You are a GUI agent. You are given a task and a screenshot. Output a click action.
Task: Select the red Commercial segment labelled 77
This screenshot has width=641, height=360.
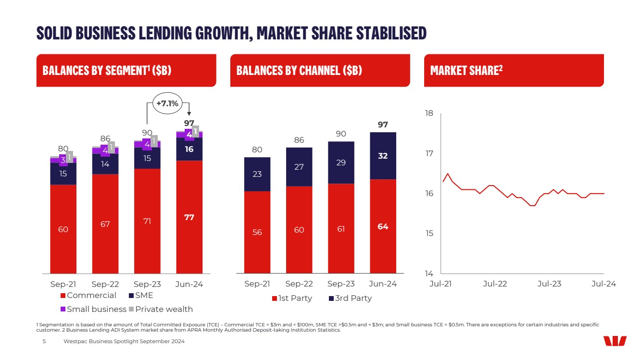(x=189, y=217)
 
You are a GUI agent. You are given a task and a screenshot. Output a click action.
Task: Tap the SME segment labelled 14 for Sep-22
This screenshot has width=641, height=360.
(x=105, y=164)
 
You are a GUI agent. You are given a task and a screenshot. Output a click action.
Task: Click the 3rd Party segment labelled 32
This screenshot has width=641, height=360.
(x=383, y=156)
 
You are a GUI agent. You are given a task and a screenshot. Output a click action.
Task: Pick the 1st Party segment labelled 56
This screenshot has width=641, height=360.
(x=257, y=232)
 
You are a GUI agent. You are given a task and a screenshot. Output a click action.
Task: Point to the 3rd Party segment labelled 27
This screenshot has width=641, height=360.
(x=299, y=167)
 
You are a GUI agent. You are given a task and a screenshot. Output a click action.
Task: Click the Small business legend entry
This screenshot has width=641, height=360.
(x=93, y=309)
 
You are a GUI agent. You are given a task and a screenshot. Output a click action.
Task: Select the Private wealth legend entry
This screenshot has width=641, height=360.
(x=161, y=309)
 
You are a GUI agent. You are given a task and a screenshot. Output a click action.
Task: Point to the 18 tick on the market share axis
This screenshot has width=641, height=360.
(x=429, y=113)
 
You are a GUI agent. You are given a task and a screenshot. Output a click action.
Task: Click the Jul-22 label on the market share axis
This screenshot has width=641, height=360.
(x=495, y=284)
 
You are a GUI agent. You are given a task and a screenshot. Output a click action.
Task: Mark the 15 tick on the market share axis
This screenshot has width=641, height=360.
(x=429, y=234)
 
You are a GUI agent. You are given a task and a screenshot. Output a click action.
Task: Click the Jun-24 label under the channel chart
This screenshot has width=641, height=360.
(x=383, y=284)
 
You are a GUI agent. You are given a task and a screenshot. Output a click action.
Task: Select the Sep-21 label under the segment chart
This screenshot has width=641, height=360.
(x=63, y=284)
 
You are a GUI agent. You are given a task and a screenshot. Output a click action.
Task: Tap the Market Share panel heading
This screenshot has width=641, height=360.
(x=466, y=71)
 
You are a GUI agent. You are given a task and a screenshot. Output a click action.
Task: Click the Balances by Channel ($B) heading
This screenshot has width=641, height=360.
(x=299, y=71)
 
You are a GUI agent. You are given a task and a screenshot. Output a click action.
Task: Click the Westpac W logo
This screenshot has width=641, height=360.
(x=615, y=341)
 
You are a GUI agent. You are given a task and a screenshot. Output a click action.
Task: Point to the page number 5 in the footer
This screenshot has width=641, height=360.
(x=44, y=341)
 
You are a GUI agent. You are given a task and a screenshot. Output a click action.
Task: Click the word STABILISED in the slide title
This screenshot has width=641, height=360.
(x=391, y=33)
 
